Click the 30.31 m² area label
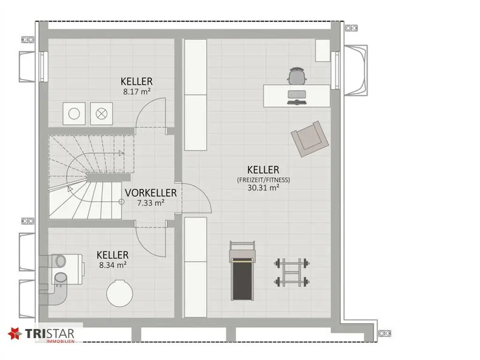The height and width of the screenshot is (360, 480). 263,187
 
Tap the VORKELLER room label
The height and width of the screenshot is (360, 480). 150,193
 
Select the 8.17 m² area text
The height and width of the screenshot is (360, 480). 136,92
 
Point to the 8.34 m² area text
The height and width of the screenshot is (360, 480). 112,265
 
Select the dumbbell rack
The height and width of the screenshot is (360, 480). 292,272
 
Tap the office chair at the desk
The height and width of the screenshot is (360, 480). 296,76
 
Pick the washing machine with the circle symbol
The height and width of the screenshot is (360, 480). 74,113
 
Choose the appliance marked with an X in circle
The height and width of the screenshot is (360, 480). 101,113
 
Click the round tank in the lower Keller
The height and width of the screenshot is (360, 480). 120,293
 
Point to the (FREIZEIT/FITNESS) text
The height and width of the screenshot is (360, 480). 263,179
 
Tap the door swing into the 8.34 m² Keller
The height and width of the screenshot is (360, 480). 150,241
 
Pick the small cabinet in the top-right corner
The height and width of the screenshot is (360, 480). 322,50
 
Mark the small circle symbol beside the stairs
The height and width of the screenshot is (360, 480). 121,202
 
